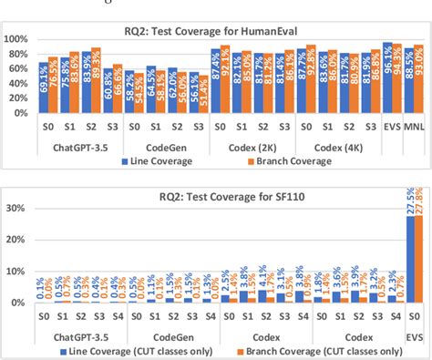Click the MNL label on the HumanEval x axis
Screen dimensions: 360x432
(414, 129)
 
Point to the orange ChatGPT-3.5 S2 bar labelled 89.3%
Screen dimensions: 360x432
(96, 82)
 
